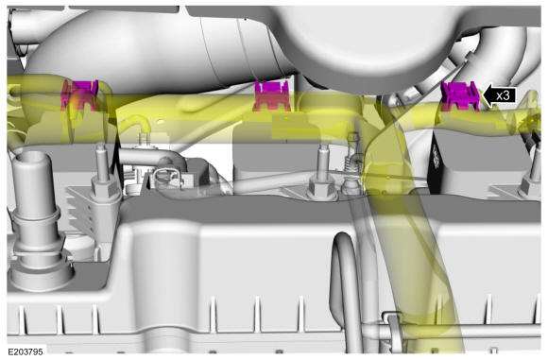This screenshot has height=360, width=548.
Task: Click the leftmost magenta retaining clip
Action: (79, 95)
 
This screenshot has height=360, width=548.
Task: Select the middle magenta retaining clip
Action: (272, 95)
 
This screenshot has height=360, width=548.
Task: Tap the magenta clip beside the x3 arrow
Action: (460, 95)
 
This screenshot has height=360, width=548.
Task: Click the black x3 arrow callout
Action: (499, 95)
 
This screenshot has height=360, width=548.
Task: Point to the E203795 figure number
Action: (26, 351)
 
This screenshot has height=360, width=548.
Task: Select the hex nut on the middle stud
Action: (321, 188)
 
